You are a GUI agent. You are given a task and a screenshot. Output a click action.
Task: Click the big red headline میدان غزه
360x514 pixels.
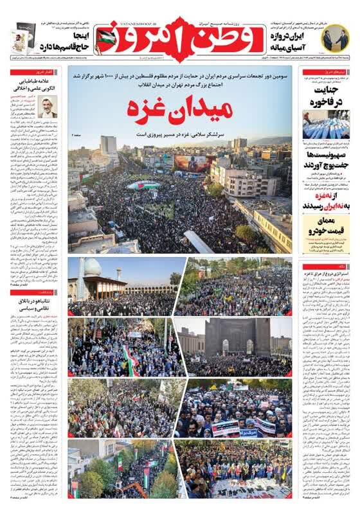coord(179,108)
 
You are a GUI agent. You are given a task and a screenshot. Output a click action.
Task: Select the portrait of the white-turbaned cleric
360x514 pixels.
coord(47,107)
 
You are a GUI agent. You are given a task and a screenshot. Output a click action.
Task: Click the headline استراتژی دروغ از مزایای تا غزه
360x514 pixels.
coord(327,276)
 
